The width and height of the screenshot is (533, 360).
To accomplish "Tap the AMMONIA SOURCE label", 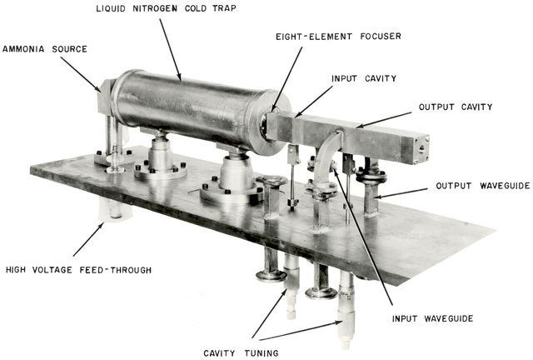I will point(46,49).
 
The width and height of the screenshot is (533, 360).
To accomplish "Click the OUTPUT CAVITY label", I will point(455,107).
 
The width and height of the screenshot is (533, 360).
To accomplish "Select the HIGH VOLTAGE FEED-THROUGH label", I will point(78,270).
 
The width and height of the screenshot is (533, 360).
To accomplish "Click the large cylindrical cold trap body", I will point(192,108).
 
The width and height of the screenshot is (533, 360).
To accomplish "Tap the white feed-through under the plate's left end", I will point(102,212).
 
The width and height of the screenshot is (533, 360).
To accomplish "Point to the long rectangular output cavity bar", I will point(366,133).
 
